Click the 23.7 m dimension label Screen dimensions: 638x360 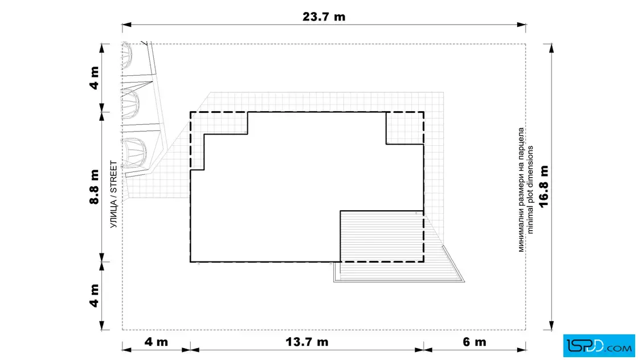tap(324, 17)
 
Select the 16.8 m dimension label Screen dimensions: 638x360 tap(543, 186)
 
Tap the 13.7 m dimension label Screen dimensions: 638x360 tap(307, 342)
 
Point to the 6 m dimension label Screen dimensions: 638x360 tap(475, 342)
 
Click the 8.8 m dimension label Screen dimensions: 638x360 tap(95, 187)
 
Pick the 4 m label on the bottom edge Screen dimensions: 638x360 tap(156, 342)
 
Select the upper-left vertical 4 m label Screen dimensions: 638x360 tap(95, 77)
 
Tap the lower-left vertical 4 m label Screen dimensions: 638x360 tap(95, 296)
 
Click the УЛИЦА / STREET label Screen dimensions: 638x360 tap(113, 194)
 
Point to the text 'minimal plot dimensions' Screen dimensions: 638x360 tap(530, 190)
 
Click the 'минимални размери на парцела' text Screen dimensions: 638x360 tap(521, 190)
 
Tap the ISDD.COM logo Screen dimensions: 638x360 tap(599, 346)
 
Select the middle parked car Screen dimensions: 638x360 tap(130, 104)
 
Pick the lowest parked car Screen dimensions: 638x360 tap(134, 153)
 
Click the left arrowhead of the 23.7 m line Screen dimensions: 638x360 tap(126, 25)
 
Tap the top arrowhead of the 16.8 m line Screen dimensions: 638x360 tap(551, 48)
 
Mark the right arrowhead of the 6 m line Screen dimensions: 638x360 tap(521, 349)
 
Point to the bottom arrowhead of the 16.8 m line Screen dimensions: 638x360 tap(551, 325)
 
